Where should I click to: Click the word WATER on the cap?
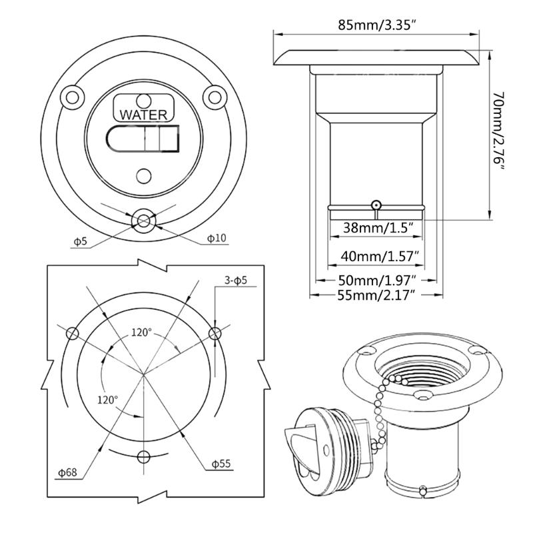143,115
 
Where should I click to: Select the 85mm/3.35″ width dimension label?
377,25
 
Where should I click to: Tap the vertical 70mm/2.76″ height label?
498,131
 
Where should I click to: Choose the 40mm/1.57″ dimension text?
378,256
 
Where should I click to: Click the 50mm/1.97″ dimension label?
377,280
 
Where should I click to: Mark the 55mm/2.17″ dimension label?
376,294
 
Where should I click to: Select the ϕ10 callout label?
217,238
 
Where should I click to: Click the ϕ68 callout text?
68,472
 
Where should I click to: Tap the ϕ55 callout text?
221,464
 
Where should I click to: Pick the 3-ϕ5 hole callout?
236,280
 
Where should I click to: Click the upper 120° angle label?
141,332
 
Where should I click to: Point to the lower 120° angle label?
108,400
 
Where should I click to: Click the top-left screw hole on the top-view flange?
73,97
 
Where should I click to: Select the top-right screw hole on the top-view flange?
215,97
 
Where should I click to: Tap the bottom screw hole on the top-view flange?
143,221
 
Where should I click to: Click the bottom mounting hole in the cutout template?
143,457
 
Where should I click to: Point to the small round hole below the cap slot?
143,176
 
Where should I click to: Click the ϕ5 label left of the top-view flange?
81,241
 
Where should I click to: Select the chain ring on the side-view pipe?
376,205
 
